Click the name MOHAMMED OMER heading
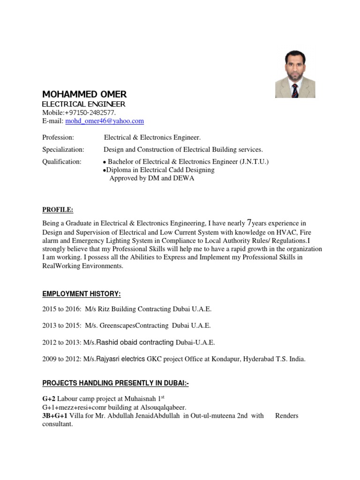(84, 94)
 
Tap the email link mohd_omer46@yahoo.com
(105, 121)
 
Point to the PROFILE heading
(58, 210)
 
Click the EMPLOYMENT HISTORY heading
(82, 294)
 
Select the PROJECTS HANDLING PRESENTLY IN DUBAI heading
(115, 383)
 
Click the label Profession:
(58, 137)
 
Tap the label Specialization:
(63, 150)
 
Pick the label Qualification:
(62, 162)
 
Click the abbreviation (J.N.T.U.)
(255, 162)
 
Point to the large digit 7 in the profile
(249, 223)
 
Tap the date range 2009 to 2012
(61, 359)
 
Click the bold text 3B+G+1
(55, 416)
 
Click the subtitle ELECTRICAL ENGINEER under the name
(83, 104)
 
